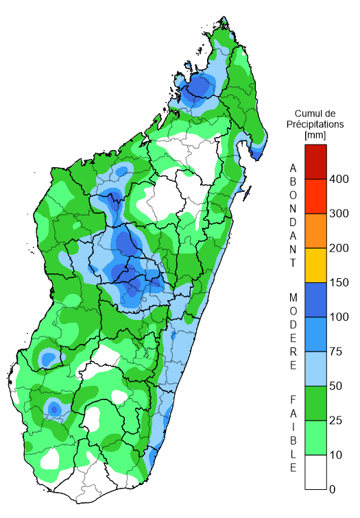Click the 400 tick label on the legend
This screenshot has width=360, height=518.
pos(339,179)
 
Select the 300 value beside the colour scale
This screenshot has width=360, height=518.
pos(339,214)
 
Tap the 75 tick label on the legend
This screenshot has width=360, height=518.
pos(336,351)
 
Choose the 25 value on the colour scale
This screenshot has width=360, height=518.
pos(336,420)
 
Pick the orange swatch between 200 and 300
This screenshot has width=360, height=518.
pos(315,231)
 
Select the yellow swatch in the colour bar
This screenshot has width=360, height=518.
pos(315,265)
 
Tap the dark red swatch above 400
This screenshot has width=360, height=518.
pos(315,162)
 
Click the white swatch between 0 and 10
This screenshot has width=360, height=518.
pos(315,472)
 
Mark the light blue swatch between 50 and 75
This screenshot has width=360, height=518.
pos(315,369)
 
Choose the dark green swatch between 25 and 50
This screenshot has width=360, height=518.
pos(315,403)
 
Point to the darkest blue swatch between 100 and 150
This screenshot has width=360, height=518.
pos(315,299)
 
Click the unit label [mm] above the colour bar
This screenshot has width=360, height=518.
pos(316,136)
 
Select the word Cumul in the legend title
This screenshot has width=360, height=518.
pos(309,113)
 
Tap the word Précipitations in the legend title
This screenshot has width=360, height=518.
pos(317,125)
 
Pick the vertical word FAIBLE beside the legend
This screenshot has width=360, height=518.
pos(293,434)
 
